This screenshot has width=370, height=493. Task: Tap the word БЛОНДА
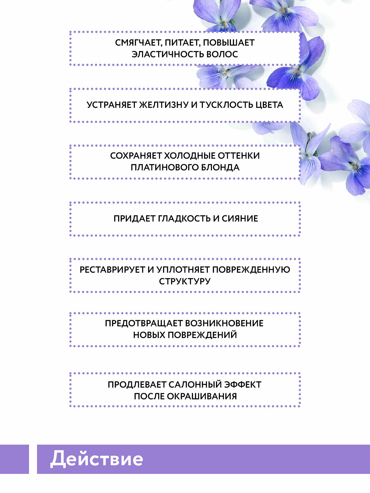(220, 168)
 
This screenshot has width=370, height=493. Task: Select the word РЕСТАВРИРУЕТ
(112, 270)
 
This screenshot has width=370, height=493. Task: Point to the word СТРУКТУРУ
(185, 281)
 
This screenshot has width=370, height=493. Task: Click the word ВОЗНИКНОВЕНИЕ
(224, 324)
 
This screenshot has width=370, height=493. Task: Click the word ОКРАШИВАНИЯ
(202, 397)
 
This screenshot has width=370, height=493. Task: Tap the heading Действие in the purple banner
(97, 459)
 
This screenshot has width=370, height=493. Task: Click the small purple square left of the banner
(14, 459)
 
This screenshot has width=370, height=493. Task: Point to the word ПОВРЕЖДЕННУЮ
(251, 270)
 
